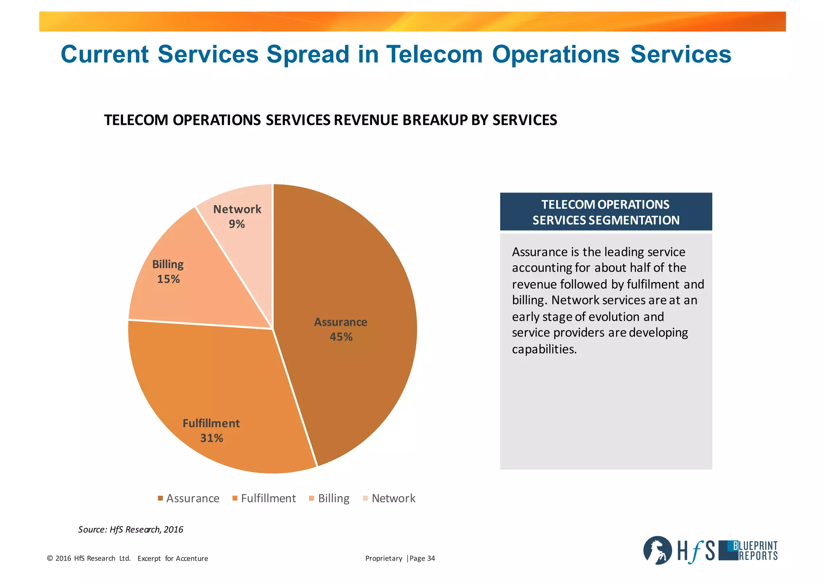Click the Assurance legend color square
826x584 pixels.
160,498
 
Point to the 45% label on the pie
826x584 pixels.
341,337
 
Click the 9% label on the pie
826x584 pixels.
237,224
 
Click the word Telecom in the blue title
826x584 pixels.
434,54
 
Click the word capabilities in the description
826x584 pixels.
544,349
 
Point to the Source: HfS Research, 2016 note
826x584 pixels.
131,530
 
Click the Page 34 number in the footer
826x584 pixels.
422,559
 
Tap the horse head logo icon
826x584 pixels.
657,551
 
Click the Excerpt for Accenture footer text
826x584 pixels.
173,559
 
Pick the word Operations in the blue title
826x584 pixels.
555,54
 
